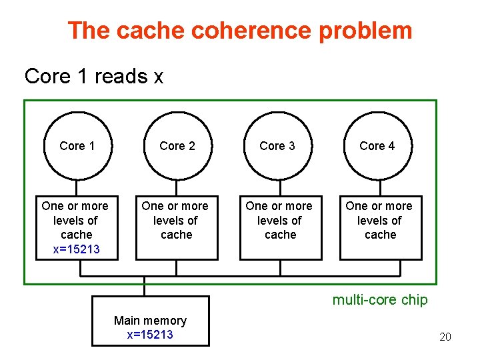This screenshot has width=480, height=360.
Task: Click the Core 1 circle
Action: [77, 146]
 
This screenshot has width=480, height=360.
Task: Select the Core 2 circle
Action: [177, 146]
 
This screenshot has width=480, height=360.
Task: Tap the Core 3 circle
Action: [277, 146]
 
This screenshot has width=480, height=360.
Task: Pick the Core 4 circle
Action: [377, 146]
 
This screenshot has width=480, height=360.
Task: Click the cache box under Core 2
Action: [177, 227]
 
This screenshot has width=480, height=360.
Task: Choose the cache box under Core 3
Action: [280, 227]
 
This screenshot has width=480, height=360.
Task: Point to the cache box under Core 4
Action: [381, 227]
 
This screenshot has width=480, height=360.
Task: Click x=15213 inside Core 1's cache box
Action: [76, 249]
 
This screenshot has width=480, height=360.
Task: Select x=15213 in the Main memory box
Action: [150, 335]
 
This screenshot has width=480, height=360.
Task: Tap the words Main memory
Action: [150, 321]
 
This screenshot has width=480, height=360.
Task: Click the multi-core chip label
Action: [380, 300]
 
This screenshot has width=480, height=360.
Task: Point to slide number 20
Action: [445, 337]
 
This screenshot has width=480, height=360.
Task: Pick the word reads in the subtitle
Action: [121, 77]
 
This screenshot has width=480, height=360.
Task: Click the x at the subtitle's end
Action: [158, 77]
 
